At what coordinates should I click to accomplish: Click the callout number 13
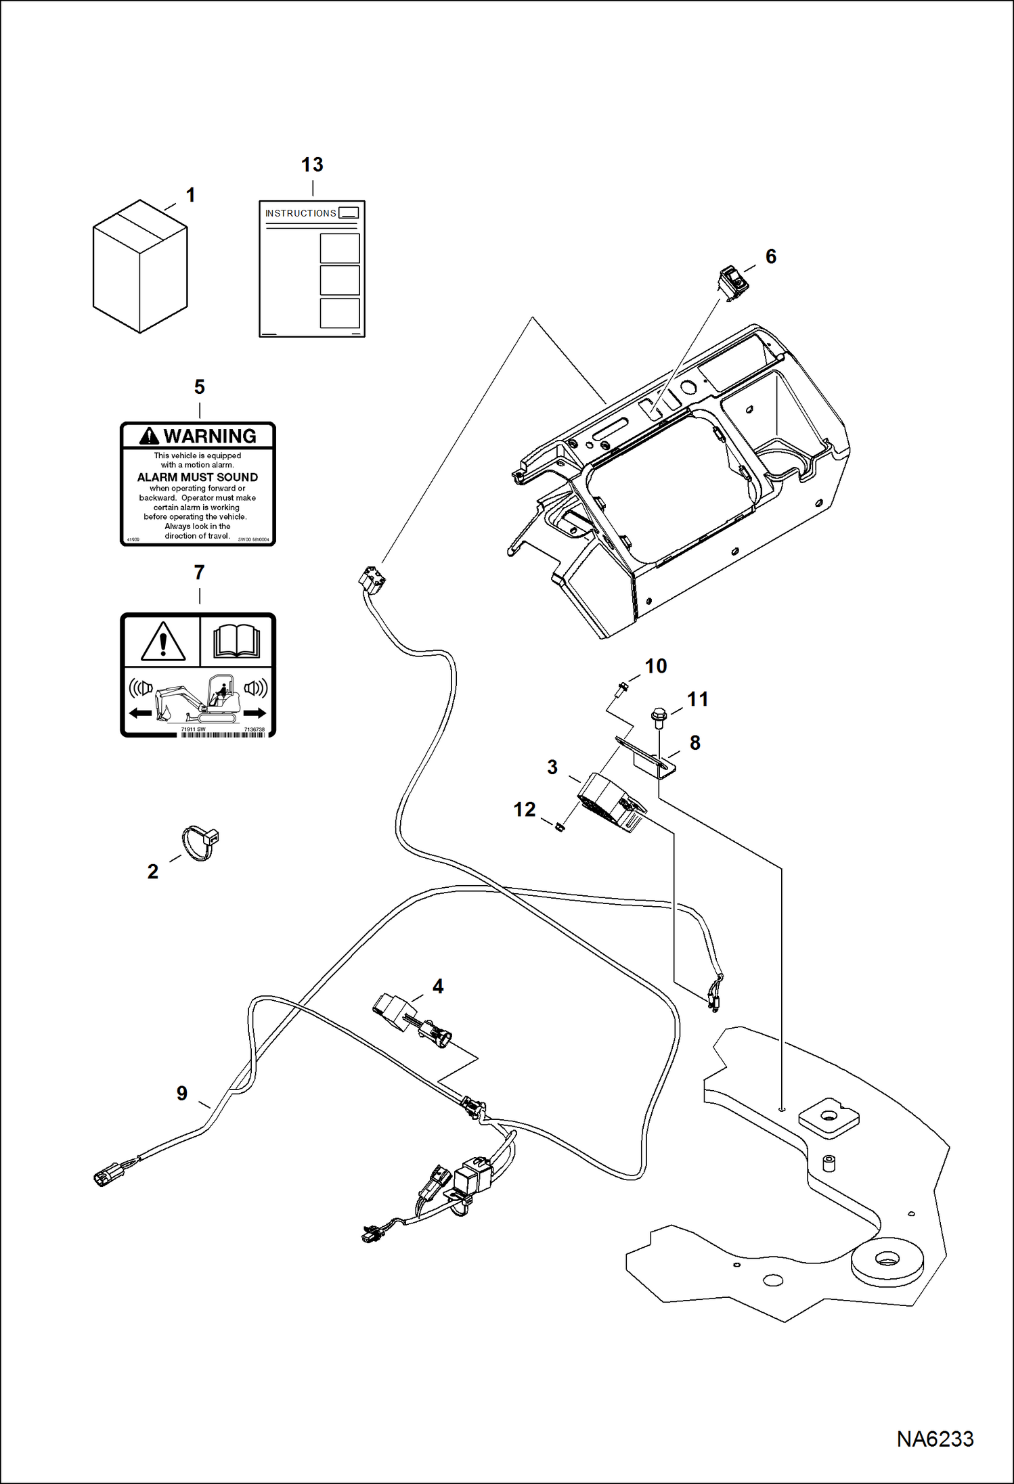(312, 164)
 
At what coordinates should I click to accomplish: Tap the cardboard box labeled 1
(139, 267)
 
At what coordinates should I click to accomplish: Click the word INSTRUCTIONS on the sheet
(301, 213)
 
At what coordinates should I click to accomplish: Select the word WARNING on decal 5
(210, 436)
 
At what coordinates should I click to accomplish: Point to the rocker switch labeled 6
(732, 282)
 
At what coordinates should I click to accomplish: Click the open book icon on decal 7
(237, 641)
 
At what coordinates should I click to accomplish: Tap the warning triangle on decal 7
(163, 642)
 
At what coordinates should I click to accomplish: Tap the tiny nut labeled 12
(560, 827)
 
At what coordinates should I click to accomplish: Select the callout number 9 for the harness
(182, 1093)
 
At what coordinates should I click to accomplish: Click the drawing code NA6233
(935, 1439)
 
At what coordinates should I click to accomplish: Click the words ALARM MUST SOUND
(197, 477)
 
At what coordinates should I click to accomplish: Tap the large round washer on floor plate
(886, 1260)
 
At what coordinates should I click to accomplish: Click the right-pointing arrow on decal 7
(255, 713)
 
